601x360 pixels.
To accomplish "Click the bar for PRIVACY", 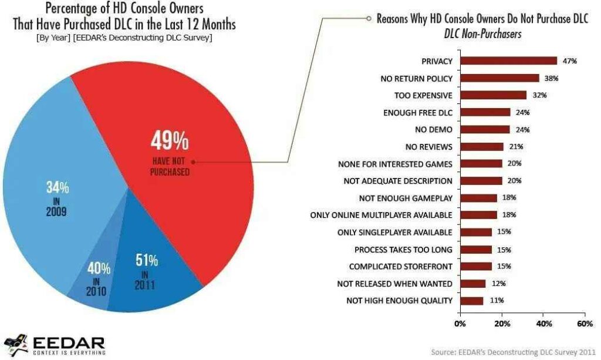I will click(x=508, y=60).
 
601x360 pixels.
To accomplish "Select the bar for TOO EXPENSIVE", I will click(x=493, y=95).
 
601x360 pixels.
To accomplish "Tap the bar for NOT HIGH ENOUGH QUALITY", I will click(x=471, y=301).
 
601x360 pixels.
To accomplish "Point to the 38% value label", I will click(x=551, y=78).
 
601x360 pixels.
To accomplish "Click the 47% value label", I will click(x=569, y=60).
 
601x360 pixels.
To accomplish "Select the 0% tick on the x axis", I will click(x=461, y=323).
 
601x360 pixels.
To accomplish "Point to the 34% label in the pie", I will click(x=58, y=188).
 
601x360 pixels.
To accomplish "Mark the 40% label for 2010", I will click(x=99, y=269).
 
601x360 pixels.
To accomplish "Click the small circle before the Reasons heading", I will click(x=369, y=18).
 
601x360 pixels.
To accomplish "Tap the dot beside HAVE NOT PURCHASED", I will click(x=193, y=161).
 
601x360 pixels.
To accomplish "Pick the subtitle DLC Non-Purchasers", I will click(x=482, y=34).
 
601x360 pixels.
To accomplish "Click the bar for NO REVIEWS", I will click(x=482, y=147).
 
